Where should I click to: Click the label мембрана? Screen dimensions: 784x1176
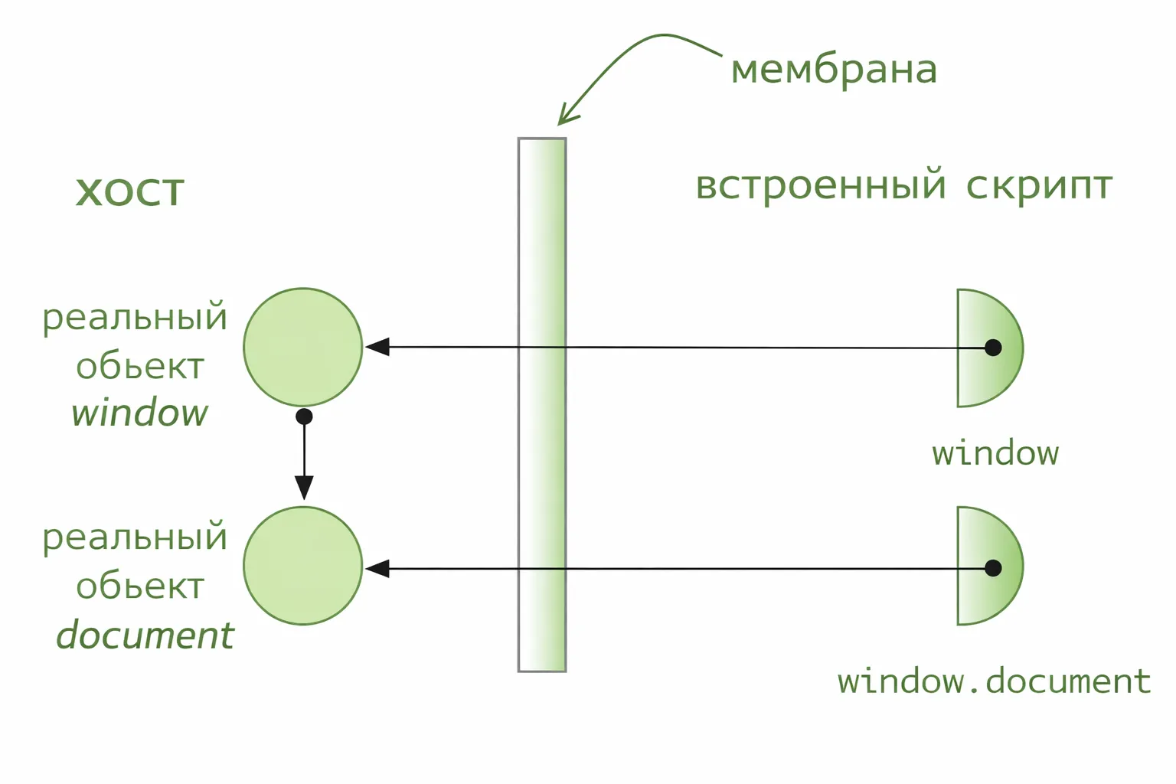click(834, 70)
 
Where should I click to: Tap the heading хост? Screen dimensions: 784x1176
click(130, 191)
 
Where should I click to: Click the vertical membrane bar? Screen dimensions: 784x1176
click(542, 459)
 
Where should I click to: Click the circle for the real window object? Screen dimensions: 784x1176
click(302, 347)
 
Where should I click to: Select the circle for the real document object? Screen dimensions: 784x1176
click(302, 566)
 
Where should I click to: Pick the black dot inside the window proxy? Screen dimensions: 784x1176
click(993, 348)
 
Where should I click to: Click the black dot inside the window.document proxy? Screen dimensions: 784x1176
click(993, 568)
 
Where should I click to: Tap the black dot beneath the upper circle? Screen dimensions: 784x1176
click(304, 416)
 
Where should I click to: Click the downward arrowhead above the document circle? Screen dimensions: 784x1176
click(304, 487)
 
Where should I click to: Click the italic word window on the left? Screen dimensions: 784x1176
click(139, 413)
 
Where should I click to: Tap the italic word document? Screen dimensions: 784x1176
click(145, 635)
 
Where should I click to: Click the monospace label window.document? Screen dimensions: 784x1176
click(994, 681)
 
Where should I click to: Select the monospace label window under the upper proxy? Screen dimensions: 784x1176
click(995, 453)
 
